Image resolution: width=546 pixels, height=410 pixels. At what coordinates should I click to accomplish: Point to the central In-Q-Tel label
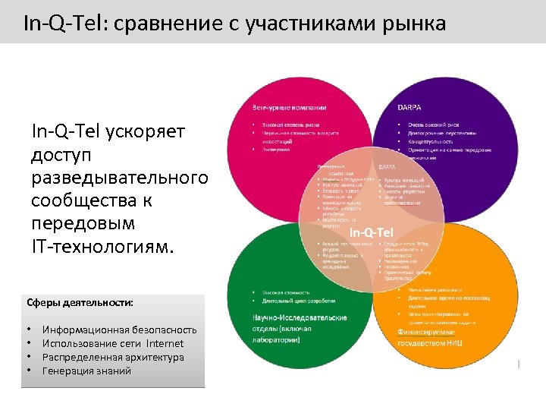point(371,231)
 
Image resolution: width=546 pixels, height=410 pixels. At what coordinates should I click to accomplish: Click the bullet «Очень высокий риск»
point(435,125)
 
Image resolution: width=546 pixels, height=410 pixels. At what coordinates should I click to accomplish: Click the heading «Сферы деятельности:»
point(80,302)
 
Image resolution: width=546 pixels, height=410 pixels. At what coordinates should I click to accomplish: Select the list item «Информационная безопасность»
point(119,330)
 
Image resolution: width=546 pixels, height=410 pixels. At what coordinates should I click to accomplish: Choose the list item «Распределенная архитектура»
point(113,357)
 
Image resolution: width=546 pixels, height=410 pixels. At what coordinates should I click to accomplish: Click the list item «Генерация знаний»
point(86,371)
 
